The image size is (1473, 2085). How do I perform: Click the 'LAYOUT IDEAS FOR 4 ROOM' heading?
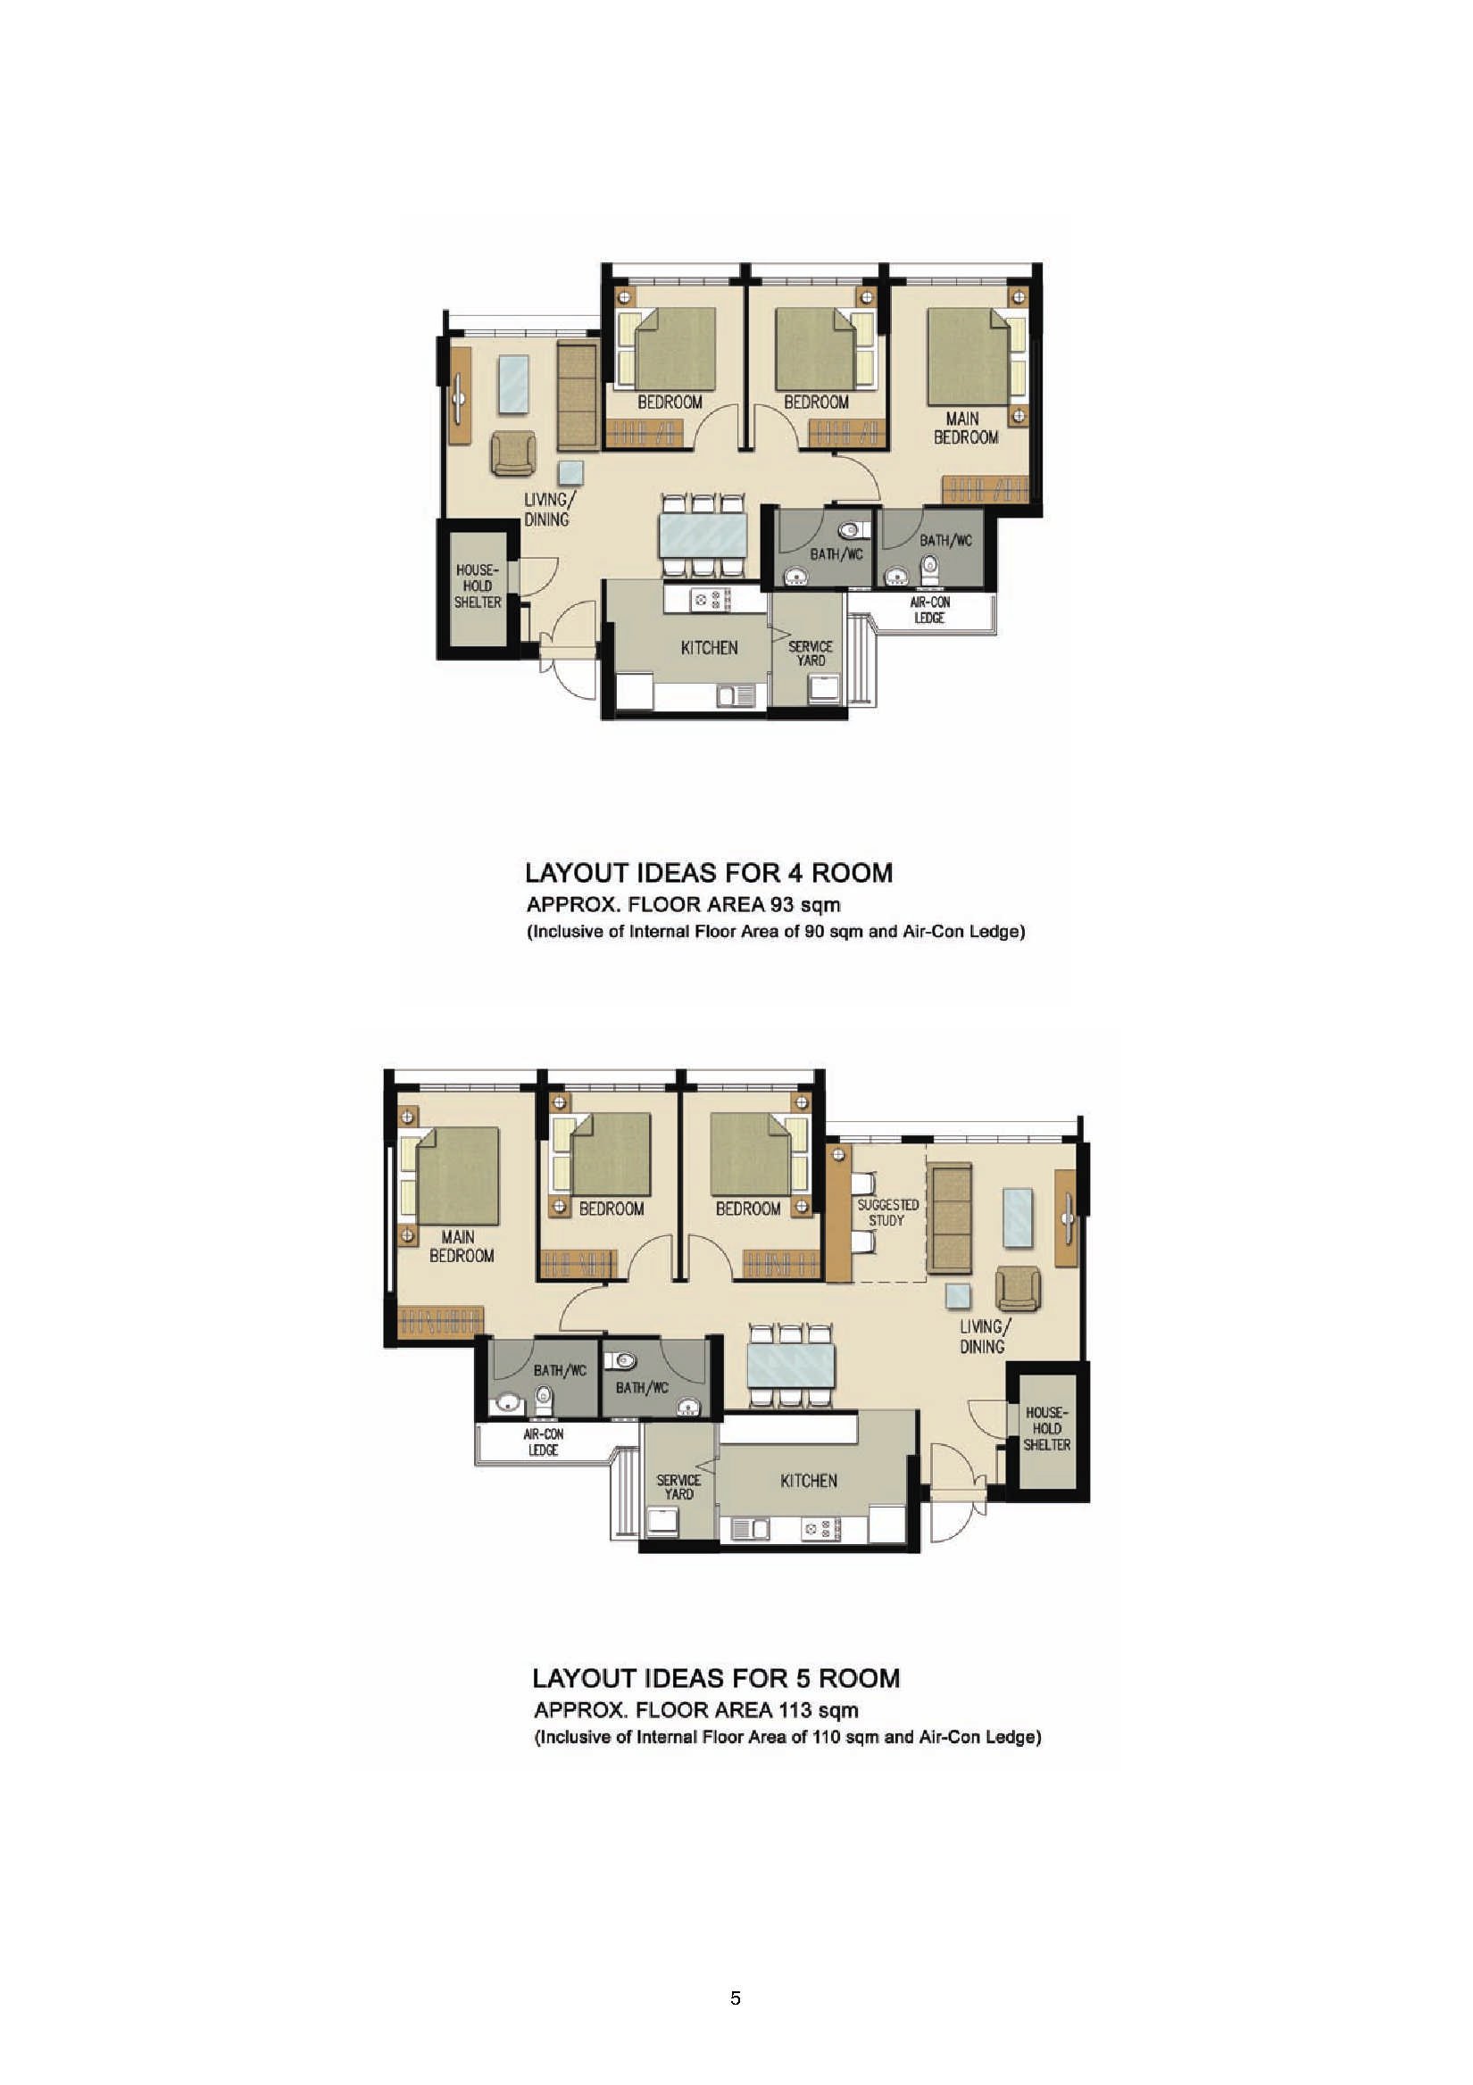[709, 873]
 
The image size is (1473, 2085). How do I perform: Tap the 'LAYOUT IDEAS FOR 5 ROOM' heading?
[717, 1677]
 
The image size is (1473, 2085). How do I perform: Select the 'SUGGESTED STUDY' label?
[887, 1212]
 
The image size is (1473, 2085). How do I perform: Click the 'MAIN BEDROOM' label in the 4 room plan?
[965, 428]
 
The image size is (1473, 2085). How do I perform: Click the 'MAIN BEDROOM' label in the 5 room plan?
[462, 1246]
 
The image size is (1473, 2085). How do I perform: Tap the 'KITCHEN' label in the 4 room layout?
[709, 647]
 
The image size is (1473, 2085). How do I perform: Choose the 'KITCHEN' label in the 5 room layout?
[808, 1481]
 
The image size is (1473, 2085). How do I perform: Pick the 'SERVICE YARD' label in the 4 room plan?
[810, 654]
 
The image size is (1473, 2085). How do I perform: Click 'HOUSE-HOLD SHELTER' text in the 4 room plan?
[478, 586]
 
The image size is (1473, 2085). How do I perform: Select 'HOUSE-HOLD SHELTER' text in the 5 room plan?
[1047, 1428]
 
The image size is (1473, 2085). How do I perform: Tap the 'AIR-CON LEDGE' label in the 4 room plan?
[929, 611]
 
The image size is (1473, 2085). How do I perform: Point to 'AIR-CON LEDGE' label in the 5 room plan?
[543, 1442]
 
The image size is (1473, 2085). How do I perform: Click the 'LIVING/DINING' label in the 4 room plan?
[547, 510]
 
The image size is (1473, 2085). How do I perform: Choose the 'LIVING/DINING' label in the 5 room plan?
[983, 1337]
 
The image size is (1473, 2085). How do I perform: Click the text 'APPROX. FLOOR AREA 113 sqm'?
[695, 1711]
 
